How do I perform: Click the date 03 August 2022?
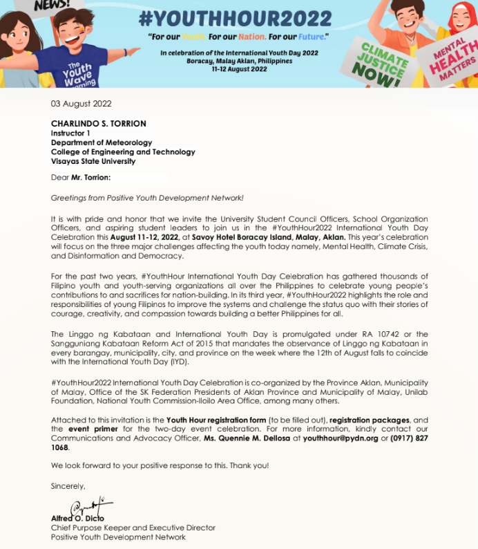click(x=81, y=104)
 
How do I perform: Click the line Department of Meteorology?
click(x=102, y=142)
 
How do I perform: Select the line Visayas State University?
click(x=93, y=161)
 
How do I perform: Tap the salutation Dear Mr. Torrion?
click(x=82, y=178)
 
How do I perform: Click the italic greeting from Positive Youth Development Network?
click(x=147, y=198)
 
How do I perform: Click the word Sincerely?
click(x=68, y=485)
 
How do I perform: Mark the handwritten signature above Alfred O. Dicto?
click(x=92, y=507)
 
